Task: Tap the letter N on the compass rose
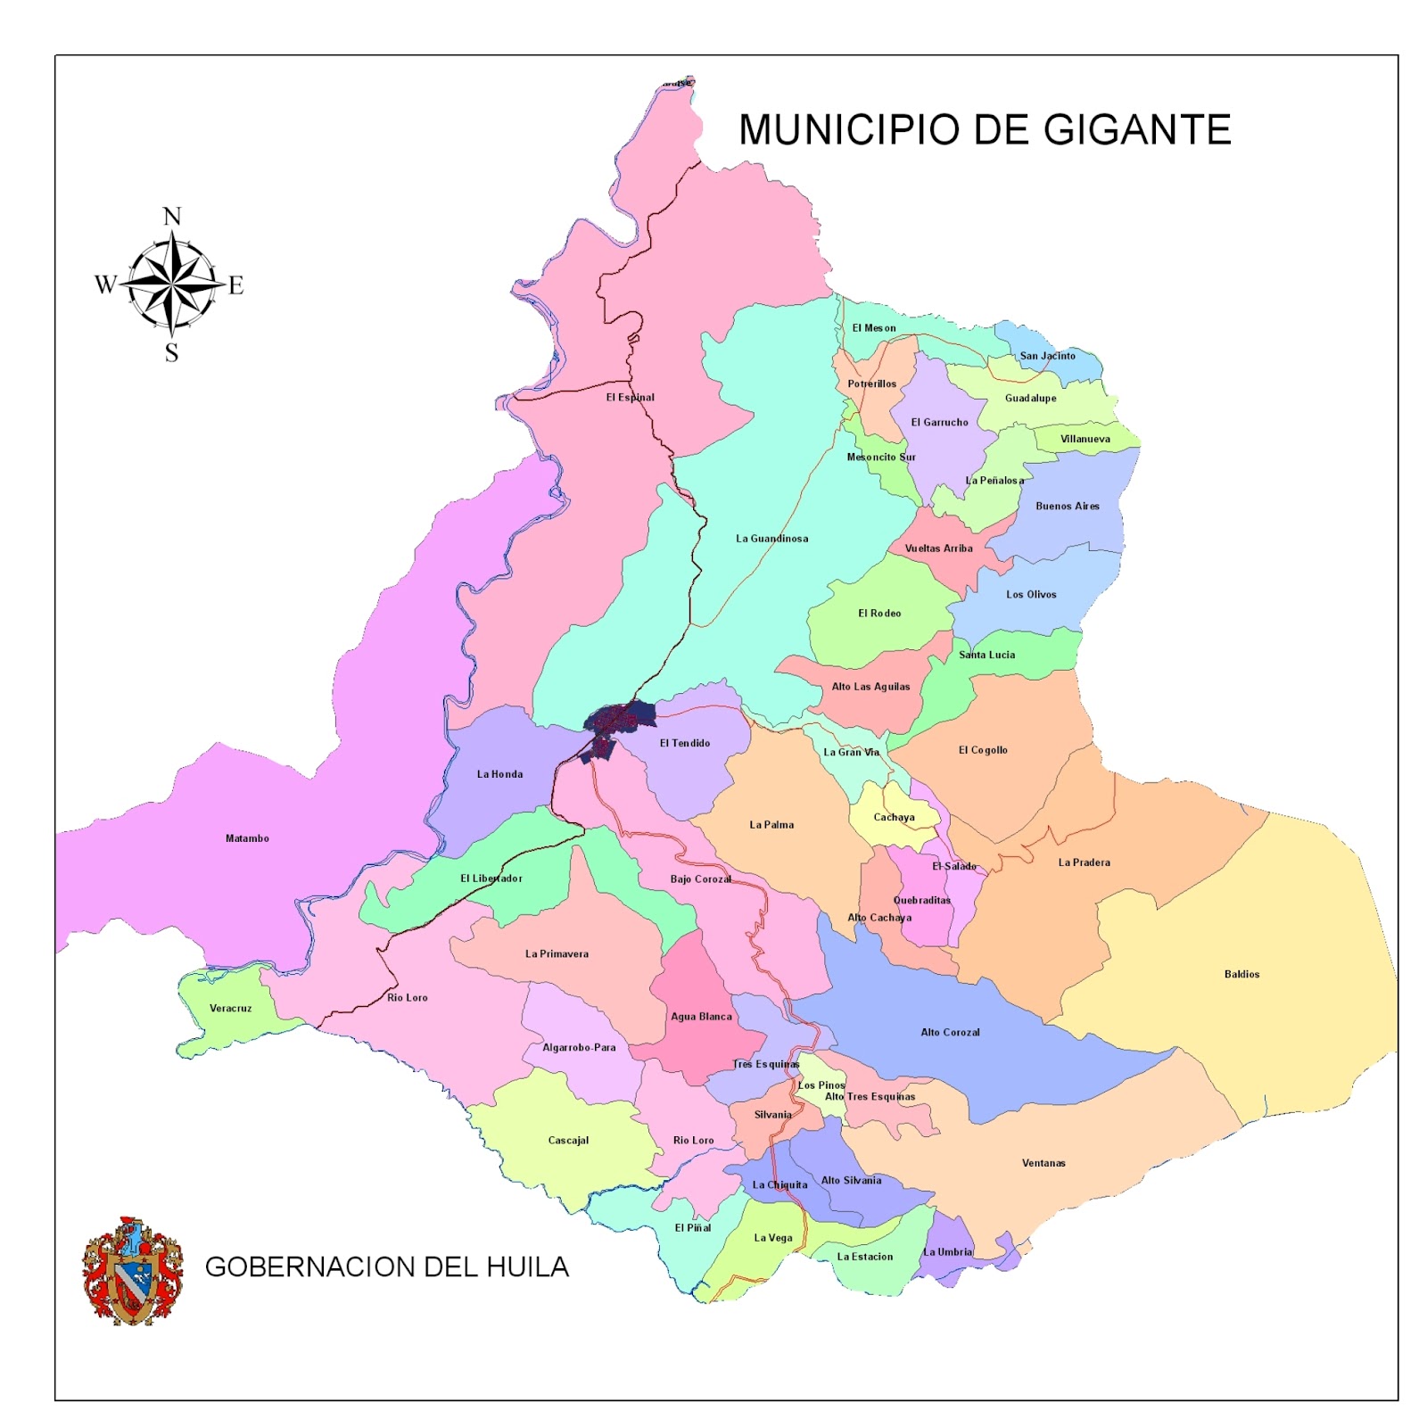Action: [x=172, y=217]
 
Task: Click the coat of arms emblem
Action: [x=132, y=1270]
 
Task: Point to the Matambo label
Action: [x=247, y=838]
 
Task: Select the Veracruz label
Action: [x=230, y=1008]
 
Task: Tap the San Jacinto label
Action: [x=1047, y=356]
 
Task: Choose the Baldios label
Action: [x=1241, y=974]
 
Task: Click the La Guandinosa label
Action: [x=771, y=539]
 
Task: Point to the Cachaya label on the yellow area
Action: [x=894, y=817]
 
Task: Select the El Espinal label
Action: [x=630, y=398]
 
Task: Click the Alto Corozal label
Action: [x=950, y=1032]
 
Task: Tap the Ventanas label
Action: [x=1043, y=1163]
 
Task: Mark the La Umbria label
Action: [x=947, y=1252]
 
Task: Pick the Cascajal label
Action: [x=568, y=1140]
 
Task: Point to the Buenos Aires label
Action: [x=1067, y=506]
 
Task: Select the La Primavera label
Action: [x=557, y=953]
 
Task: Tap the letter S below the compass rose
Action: [x=172, y=353]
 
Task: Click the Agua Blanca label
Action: [x=701, y=1016]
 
